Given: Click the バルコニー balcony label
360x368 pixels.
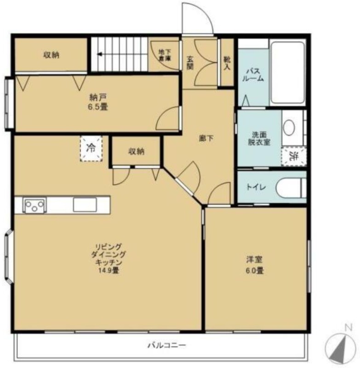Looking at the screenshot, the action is click(x=166, y=345).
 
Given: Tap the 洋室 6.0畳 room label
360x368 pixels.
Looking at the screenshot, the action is click(x=254, y=265).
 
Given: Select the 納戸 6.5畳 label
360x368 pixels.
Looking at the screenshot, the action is click(x=98, y=102).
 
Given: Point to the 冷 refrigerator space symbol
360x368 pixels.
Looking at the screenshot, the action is click(x=91, y=148).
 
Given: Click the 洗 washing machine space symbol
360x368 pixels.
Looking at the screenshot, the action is click(x=294, y=156).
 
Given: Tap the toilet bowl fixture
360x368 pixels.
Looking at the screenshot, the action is click(x=291, y=188).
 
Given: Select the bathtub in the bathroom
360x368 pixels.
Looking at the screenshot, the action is click(x=288, y=73).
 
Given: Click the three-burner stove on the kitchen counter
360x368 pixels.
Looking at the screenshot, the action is click(x=34, y=205).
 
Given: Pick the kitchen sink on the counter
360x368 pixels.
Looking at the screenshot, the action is click(x=85, y=204).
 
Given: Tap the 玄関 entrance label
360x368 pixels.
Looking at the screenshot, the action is click(x=190, y=63).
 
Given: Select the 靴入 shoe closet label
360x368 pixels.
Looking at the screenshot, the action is click(x=227, y=63).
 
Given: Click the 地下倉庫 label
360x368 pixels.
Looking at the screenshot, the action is click(x=165, y=55).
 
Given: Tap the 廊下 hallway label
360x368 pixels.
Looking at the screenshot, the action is click(x=206, y=138).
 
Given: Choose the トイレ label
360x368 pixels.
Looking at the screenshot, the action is click(x=256, y=187).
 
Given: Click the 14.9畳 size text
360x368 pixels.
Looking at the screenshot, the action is click(x=109, y=270).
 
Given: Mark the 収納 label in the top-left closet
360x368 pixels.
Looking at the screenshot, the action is click(x=51, y=55).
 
